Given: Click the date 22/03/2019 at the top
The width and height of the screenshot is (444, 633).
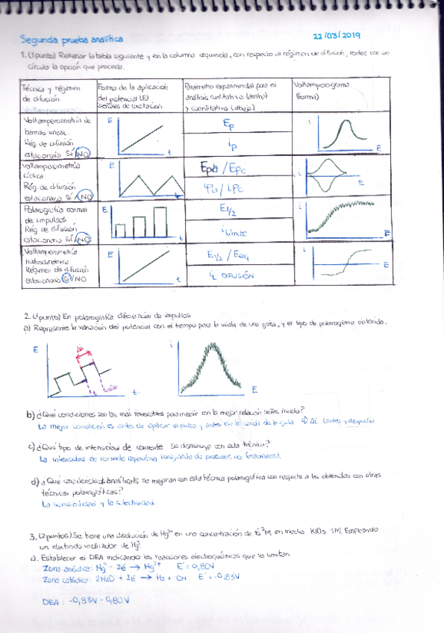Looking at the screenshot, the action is tap(336, 35).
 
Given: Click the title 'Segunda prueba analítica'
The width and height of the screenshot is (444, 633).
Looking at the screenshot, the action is tap(72, 39).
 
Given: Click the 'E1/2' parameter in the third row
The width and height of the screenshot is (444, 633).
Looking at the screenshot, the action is tap(229, 212).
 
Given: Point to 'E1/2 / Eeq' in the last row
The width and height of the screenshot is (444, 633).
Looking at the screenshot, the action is tap(229, 255).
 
